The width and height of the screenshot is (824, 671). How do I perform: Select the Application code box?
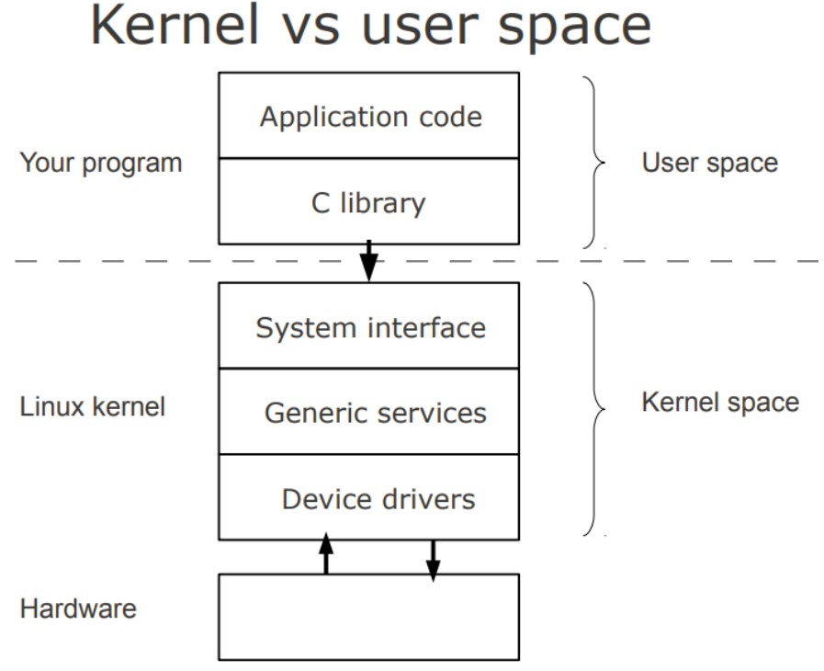click(x=369, y=117)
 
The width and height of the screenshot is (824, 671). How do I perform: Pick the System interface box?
click(x=369, y=326)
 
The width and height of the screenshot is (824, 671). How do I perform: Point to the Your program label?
click(x=101, y=163)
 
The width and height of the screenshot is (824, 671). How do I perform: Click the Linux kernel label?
click(x=93, y=406)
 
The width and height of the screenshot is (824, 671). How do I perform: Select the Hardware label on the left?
click(x=77, y=608)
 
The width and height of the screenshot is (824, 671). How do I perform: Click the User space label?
click(x=710, y=163)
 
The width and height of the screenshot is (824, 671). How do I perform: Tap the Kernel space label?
click(x=720, y=402)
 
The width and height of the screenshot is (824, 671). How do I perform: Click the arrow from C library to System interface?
click(x=368, y=262)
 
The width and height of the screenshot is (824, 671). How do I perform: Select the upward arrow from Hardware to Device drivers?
click(x=325, y=556)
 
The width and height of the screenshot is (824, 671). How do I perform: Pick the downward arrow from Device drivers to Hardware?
click(x=433, y=557)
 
